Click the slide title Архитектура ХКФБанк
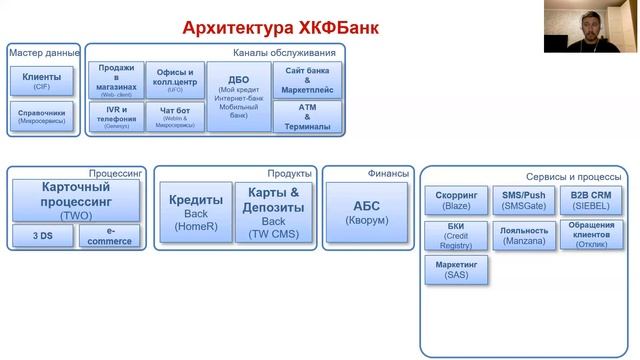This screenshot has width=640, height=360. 281,27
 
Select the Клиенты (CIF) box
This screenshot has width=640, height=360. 41,80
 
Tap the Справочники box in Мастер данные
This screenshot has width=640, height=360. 41,117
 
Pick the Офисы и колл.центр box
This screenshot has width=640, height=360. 175,80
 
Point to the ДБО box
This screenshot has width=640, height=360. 238,96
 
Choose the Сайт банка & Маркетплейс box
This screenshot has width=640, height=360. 307,79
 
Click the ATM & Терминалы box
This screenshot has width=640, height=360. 307,116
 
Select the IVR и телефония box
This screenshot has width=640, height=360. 116,117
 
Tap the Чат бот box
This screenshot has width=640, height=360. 175,117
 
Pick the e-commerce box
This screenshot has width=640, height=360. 109,236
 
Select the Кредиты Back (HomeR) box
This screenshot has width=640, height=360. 195,211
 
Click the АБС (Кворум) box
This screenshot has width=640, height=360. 366,211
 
